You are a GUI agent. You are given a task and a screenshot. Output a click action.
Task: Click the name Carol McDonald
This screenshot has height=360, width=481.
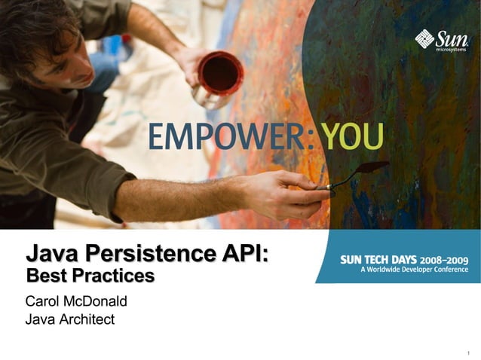76,301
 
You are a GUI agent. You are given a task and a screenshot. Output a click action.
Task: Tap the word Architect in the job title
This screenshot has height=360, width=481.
85,319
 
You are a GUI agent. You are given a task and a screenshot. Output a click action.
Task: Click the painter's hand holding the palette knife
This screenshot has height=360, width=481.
290,192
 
